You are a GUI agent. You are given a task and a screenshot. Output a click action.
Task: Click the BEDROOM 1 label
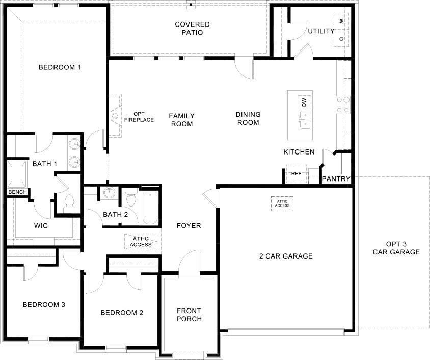click(x=60, y=67)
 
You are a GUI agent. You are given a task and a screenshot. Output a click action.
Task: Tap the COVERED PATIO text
click(x=192, y=29)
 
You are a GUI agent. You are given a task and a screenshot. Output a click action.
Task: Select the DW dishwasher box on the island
click(x=304, y=102)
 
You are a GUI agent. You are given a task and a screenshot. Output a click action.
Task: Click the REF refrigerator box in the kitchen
click(x=296, y=174)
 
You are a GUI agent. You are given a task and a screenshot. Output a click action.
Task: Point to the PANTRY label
click(x=336, y=179)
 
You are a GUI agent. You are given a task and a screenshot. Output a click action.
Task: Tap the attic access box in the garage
click(x=283, y=203)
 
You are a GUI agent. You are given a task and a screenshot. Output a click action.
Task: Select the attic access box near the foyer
click(x=141, y=241)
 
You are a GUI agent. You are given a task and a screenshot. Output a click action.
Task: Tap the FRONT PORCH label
click(x=189, y=315)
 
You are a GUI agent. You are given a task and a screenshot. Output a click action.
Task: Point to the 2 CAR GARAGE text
click(x=286, y=256)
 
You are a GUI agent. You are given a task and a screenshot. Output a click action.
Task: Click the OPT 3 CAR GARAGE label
click(x=396, y=248)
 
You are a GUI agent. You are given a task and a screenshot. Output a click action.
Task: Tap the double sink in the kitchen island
click(x=304, y=120)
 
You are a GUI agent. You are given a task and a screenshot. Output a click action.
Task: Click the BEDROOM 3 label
click(x=44, y=305)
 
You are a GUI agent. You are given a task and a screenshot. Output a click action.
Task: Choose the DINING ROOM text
click(x=248, y=118)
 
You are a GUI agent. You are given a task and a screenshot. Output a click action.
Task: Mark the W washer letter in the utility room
click(x=341, y=22)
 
